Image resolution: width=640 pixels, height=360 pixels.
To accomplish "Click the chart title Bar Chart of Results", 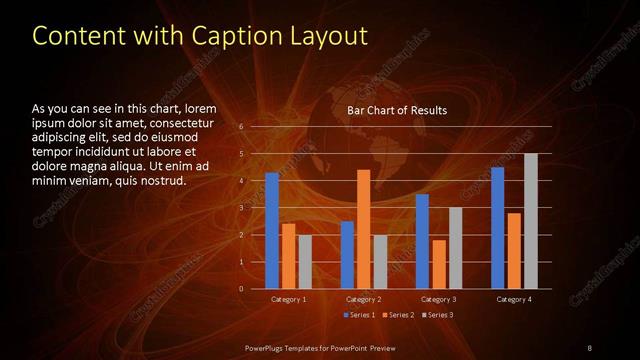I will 396,110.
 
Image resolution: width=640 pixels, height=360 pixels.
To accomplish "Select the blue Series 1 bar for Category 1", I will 272,231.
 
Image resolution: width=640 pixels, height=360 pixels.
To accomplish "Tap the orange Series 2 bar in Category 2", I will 363,229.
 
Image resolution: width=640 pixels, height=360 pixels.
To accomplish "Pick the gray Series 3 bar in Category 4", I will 531,221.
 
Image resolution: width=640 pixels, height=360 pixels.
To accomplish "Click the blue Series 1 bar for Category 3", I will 422,241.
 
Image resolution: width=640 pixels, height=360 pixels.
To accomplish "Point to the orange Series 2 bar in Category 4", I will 514,251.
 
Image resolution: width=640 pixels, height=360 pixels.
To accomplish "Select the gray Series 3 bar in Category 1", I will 305,262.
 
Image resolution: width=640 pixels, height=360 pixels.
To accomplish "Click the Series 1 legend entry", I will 359,315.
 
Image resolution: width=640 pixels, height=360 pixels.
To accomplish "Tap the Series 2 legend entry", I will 397,315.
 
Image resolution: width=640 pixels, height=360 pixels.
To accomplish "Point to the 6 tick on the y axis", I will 241,127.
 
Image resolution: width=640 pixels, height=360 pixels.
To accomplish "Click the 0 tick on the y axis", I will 241,289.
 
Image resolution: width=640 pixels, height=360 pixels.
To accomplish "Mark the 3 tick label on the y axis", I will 241,208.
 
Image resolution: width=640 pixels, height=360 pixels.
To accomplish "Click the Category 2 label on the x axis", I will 363,299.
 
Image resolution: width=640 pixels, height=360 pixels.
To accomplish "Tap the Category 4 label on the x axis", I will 514,299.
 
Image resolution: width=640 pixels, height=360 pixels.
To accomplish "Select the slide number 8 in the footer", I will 589,346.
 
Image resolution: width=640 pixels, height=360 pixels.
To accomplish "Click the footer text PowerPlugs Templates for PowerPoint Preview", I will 320,346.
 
